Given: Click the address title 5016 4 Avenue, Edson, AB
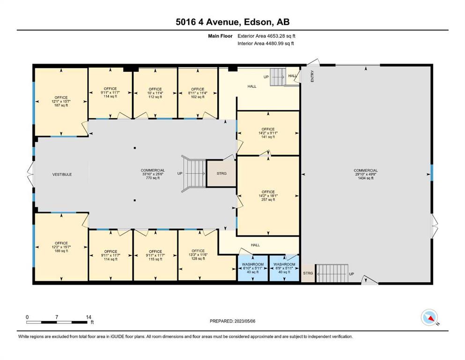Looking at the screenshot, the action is coord(232,22).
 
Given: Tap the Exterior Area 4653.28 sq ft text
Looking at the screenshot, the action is coord(266,36).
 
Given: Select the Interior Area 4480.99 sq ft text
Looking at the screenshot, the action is coord(266,44).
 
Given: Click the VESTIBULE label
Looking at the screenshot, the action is coord(62,174).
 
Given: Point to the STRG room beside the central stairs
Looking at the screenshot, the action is coord(221,173).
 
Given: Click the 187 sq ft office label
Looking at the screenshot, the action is coord(61,101).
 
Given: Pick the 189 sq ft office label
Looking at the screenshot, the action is coord(61,247).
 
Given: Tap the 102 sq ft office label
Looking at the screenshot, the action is coord(198,93).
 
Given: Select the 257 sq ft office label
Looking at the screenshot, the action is coord(268,196).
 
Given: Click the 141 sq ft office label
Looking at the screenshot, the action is coord(268,133).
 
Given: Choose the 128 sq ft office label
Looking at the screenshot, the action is coord(198,255).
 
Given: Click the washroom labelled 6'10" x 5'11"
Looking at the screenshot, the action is coord(253,268).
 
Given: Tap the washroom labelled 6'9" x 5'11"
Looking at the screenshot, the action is coord(284,268).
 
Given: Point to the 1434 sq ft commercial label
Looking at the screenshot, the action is coord(366,174).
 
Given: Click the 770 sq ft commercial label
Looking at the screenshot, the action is coord(153,174).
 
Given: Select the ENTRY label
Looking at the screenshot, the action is coord(312,76).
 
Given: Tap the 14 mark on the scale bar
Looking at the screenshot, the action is coord(89,317).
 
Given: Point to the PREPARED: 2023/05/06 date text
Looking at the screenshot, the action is coord(232,321).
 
